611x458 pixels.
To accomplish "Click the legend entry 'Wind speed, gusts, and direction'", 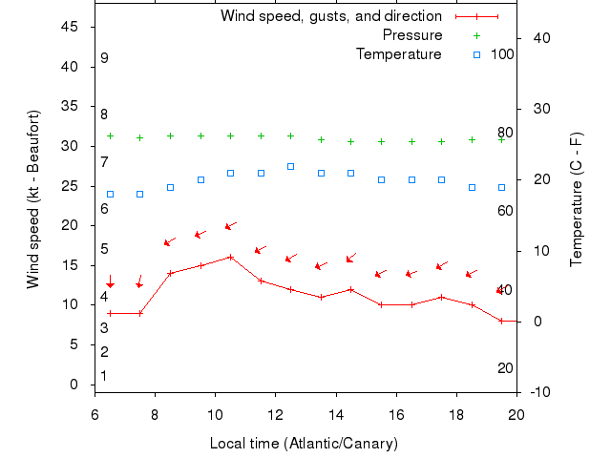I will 330,16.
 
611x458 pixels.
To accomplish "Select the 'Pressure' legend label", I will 412,35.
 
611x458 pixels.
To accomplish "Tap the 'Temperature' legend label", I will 399,54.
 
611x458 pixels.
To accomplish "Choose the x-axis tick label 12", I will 275,414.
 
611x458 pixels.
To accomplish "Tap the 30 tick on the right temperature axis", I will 534,109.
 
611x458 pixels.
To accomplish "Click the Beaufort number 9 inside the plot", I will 104,58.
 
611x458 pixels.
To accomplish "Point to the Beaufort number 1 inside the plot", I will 104,376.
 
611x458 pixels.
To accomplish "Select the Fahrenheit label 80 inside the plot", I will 505,133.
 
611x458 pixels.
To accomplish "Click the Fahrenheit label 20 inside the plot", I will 505,368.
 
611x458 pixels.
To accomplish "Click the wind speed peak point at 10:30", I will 230,257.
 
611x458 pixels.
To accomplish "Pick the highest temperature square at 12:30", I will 290,166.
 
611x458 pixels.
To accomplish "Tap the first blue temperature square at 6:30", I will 110,194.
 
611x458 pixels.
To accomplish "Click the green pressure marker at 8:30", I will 170,135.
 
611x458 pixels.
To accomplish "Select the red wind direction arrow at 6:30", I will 110,282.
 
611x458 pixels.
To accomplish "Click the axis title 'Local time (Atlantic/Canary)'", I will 304,444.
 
